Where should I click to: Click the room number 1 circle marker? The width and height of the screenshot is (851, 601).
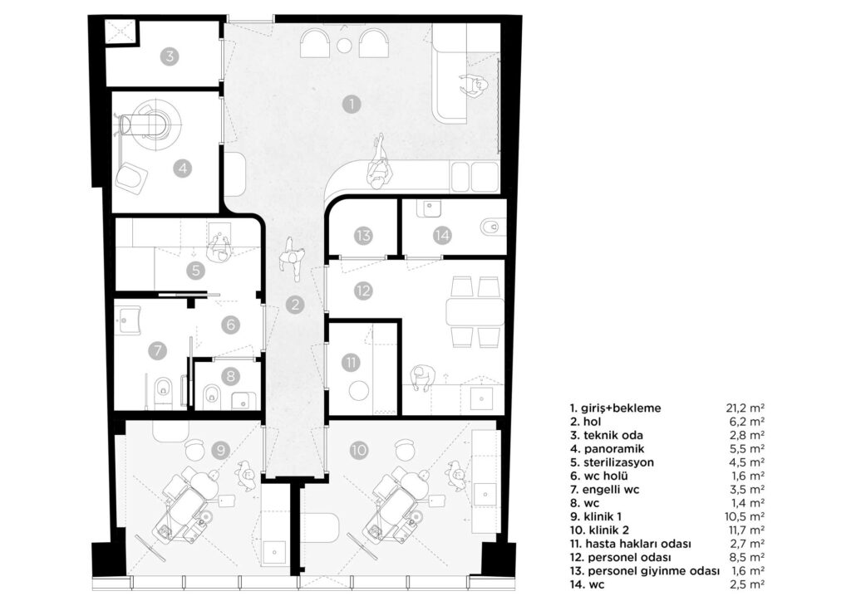point(352,104)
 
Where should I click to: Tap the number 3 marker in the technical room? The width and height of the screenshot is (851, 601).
point(170,56)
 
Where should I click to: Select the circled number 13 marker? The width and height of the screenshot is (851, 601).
point(363,236)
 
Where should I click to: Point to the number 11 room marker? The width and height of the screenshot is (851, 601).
point(352,362)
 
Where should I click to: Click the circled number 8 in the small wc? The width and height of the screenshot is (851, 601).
point(231,375)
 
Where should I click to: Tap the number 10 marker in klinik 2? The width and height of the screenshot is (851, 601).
point(359,450)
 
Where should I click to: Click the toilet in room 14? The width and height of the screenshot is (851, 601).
point(490,227)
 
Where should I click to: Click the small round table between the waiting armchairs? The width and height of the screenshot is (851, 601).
point(343,46)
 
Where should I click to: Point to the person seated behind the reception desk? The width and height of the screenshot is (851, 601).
point(474,86)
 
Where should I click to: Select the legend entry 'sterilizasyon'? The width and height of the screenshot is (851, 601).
point(612,462)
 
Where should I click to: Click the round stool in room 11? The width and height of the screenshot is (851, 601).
point(359,391)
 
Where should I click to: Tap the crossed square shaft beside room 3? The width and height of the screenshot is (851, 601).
point(121,32)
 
